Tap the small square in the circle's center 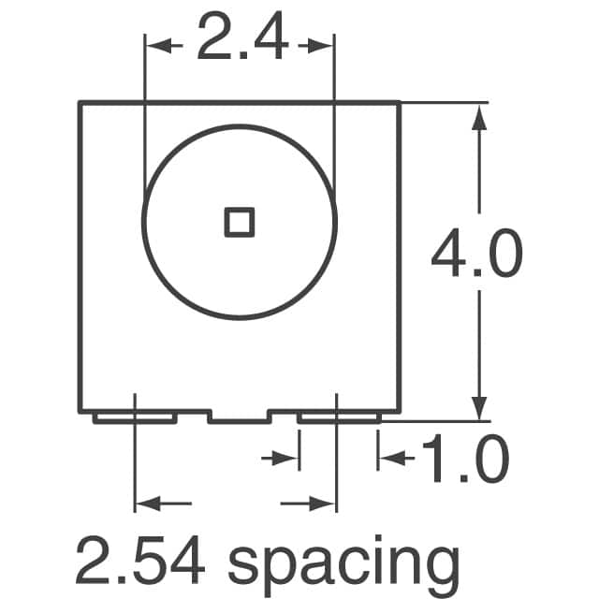pos(239,222)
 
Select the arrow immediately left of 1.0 pos(389,458)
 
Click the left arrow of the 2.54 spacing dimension pos(147,504)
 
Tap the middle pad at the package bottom pos(238,417)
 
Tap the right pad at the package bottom pos(339,417)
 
